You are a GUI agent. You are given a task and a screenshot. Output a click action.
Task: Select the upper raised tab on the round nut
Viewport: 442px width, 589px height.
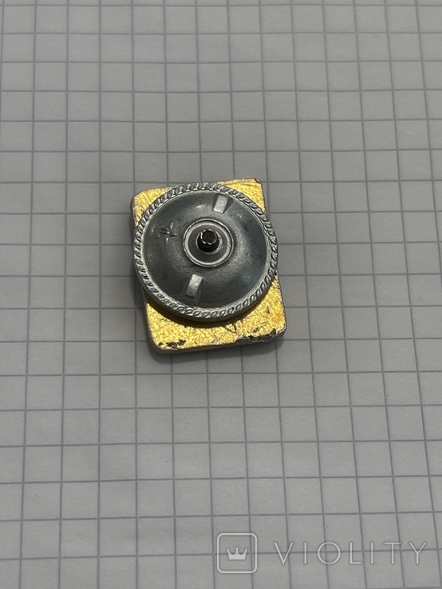click(220, 204)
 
